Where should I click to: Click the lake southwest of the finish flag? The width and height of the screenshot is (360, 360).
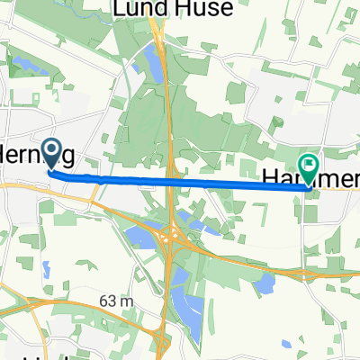point(265,283)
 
